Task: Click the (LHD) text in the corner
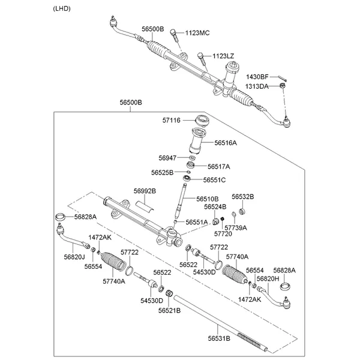pos(62,8)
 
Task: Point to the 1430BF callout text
pos(257,77)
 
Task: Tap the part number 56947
pos(168,158)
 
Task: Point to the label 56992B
pos(145,191)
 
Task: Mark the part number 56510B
pos(207,199)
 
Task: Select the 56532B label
pos(243,196)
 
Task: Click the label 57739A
pos(236,228)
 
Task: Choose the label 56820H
pos(267,278)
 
